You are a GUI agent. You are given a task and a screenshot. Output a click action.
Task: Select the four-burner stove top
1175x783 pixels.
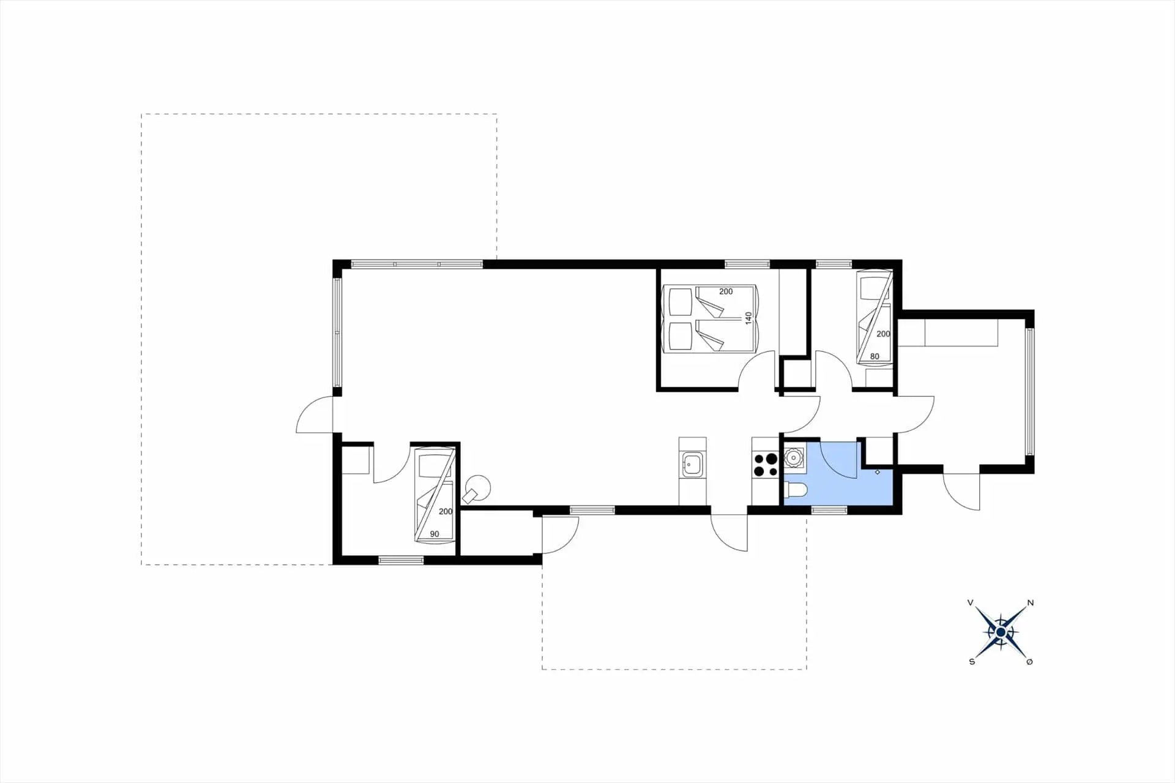point(765,464)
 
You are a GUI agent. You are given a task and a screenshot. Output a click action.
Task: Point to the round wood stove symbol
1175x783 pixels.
point(477,488)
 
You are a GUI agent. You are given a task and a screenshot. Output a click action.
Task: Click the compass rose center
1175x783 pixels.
point(1000,632)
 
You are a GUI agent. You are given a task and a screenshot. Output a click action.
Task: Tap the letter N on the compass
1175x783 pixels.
point(1031,603)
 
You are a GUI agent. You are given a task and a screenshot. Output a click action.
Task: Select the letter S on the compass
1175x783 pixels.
point(972,662)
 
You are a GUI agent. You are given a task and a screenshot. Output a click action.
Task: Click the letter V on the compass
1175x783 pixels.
point(971,603)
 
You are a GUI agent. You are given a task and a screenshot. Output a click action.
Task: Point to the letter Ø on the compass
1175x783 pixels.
point(1029,662)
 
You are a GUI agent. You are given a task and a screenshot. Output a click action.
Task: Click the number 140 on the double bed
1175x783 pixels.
point(748,318)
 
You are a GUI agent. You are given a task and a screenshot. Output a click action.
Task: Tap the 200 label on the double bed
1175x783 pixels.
point(726,291)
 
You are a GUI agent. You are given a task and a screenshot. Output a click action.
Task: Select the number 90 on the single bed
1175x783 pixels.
point(435,534)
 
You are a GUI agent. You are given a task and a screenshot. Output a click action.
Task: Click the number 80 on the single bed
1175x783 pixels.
point(875,356)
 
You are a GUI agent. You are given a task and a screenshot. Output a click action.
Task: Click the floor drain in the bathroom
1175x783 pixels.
point(878,472)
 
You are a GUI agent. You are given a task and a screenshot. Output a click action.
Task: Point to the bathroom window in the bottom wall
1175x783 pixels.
point(829,510)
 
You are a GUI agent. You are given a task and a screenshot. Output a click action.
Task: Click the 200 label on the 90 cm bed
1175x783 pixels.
point(446,511)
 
